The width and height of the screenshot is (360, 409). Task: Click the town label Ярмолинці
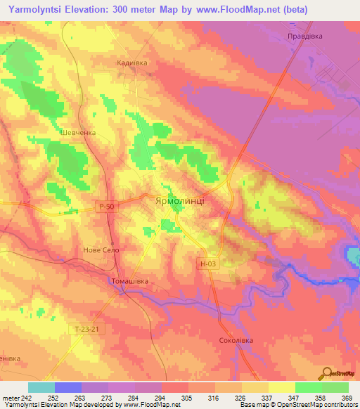pos(179,200)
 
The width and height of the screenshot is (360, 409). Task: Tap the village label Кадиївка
pos(131,63)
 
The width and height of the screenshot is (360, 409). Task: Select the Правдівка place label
pos(304,35)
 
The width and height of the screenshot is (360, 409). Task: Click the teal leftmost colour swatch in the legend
pos(41,387)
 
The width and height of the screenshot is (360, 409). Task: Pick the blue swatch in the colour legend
pos(68,387)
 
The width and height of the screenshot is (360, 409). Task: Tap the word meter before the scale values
pos(10,398)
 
